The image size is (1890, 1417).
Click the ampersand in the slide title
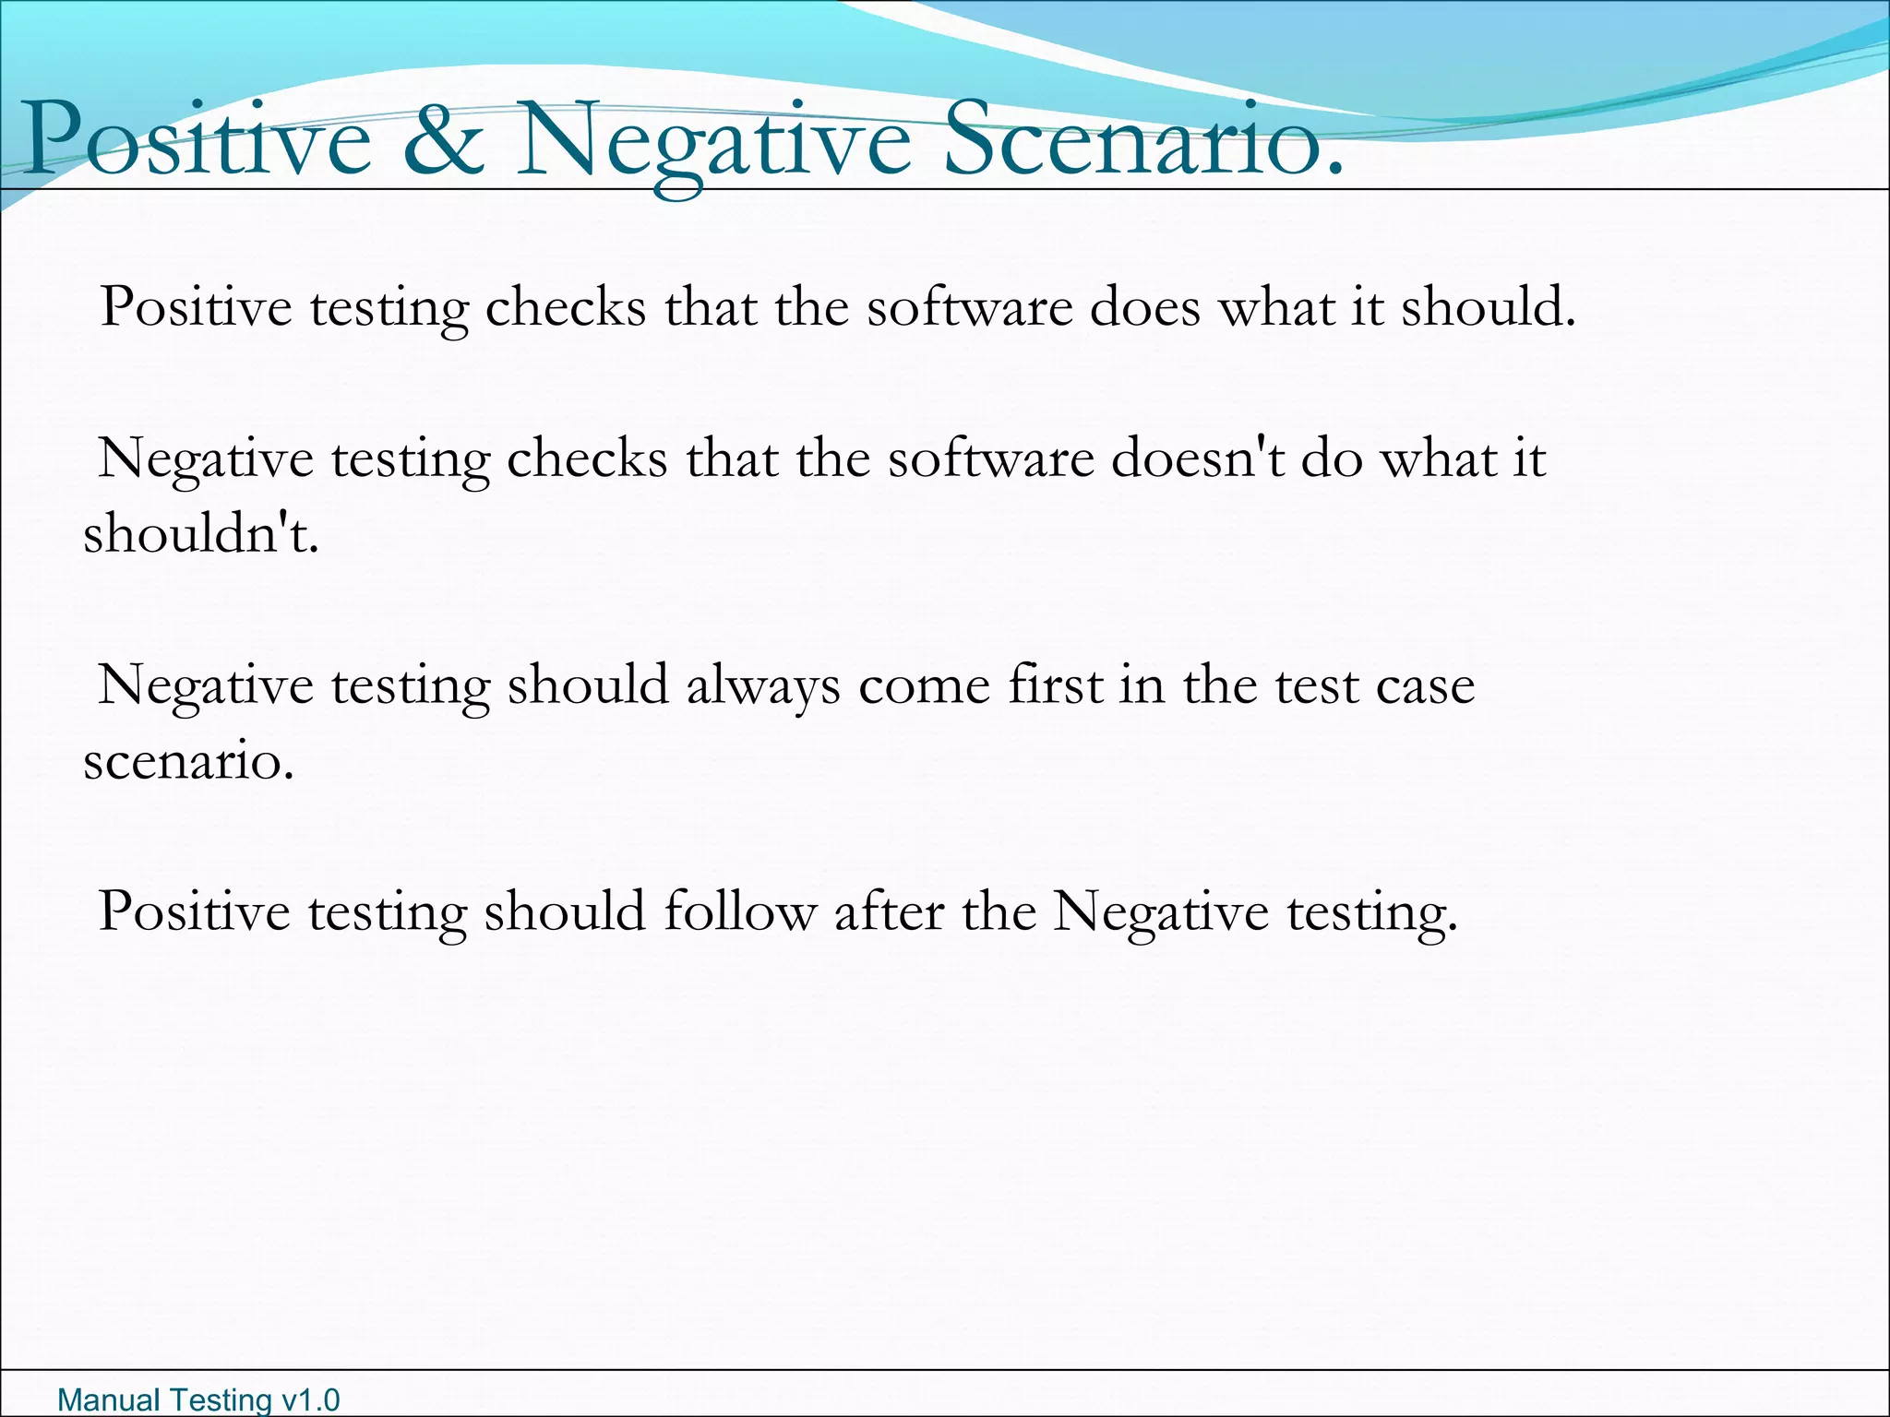(444, 140)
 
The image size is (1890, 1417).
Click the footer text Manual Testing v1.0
(198, 1399)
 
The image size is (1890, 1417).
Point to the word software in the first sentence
(969, 306)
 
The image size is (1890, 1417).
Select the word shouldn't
(201, 533)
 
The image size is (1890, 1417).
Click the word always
(763, 685)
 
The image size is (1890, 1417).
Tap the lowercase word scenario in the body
(188, 762)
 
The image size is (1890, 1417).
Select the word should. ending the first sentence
(1489, 306)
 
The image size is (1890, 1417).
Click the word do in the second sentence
(1332, 458)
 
